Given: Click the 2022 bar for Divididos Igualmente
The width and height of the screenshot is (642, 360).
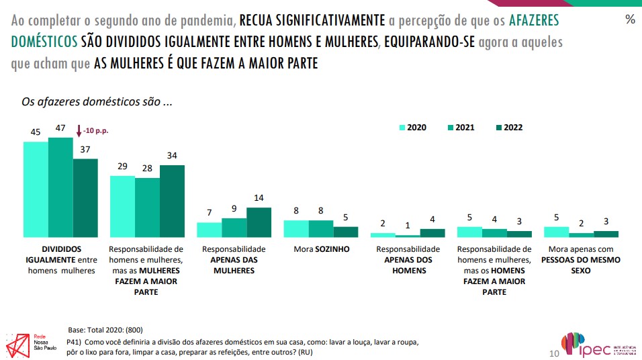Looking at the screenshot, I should click(85, 197).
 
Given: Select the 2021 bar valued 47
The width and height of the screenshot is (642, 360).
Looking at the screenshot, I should click(60, 187).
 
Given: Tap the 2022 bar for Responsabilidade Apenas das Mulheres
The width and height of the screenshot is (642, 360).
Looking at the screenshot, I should click(259, 222).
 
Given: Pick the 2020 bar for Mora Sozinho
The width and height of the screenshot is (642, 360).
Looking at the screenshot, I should click(296, 228).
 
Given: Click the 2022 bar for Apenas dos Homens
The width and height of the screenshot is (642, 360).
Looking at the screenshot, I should click(432, 233).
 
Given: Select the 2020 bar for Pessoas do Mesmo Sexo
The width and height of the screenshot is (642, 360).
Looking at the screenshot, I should click(556, 232).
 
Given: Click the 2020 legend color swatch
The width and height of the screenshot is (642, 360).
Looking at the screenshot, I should click(403, 127).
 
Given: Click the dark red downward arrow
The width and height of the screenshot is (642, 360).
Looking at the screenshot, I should click(79, 131).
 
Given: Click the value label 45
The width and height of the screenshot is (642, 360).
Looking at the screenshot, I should click(36, 132).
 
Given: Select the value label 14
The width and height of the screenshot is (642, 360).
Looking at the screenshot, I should click(259, 199).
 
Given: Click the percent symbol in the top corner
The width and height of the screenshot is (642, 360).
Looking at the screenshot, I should click(630, 19).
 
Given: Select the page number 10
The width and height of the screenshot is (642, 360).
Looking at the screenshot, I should click(554, 353).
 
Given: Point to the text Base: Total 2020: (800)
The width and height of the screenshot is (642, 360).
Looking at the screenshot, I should click(105, 330).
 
